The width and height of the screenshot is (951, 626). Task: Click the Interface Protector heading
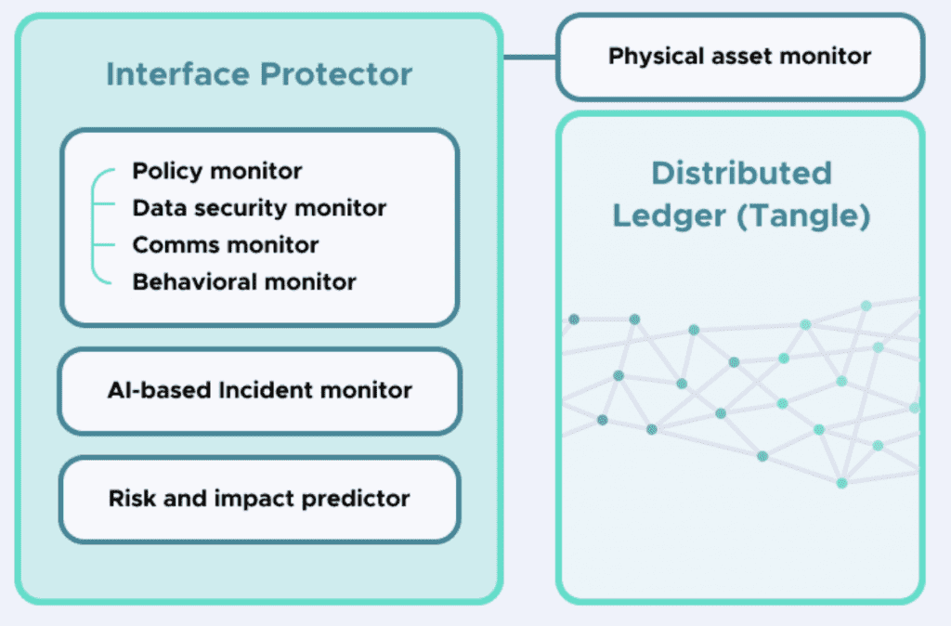coord(259,74)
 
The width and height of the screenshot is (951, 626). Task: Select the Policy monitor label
coord(217,171)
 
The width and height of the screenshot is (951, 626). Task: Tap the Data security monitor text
coord(259,208)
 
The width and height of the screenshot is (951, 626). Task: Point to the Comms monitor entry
coord(226,245)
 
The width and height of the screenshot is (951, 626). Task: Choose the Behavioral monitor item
coord(244,281)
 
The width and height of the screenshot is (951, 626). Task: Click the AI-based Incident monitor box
coord(259,390)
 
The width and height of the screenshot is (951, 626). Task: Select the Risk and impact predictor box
coord(259,499)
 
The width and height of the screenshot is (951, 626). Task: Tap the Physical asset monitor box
coord(739,57)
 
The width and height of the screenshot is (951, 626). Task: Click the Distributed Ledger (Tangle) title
coord(740,194)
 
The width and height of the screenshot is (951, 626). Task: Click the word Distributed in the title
coord(740,173)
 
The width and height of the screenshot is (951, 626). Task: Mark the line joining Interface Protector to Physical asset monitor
coord(528,57)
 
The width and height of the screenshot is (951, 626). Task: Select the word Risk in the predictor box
coord(132,499)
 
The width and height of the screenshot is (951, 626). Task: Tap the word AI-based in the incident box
coord(159,390)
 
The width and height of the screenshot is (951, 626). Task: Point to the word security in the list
coord(244,208)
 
